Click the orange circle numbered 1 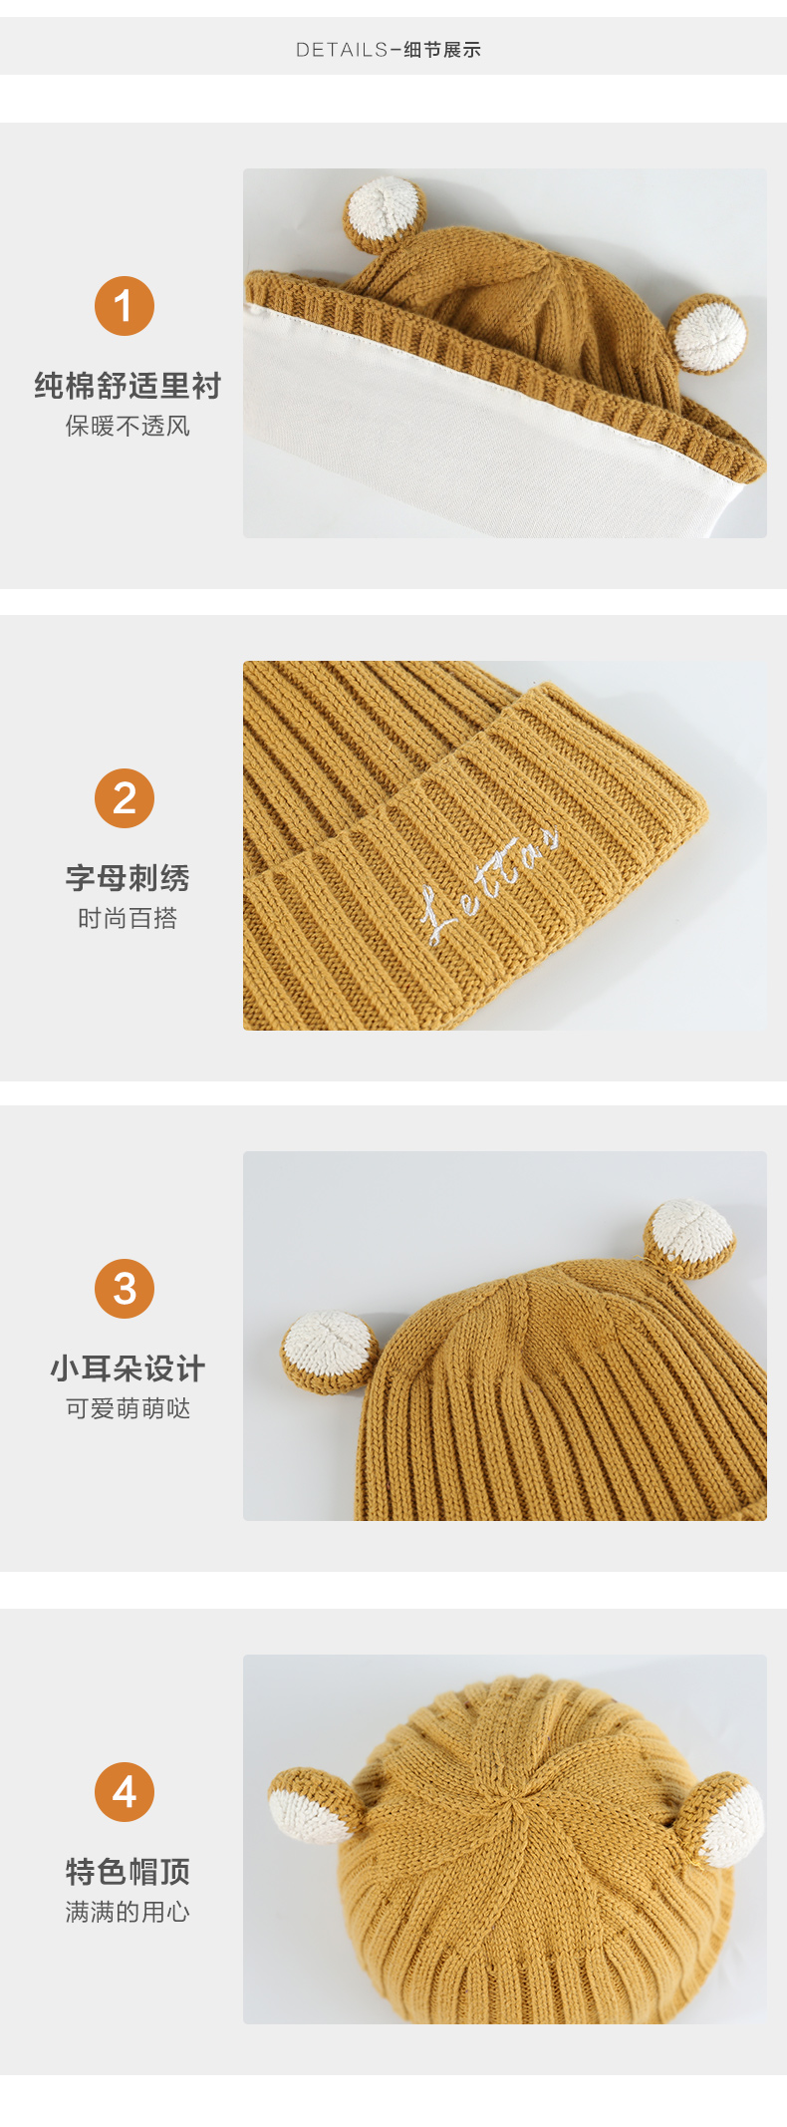pos(125,306)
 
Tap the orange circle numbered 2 pos(125,798)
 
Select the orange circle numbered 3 pos(125,1289)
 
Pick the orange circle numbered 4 pos(125,1792)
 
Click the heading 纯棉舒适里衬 pos(128,386)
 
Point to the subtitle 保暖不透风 pos(128,427)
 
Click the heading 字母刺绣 pos(128,878)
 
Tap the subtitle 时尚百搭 pos(128,919)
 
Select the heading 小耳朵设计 pos(128,1368)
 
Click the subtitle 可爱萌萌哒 pos(128,1409)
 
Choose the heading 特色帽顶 pos(128,1872)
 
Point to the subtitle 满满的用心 pos(128,1913)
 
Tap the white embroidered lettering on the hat pos(488,886)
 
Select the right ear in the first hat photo pos(707,334)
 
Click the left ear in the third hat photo pos(330,1352)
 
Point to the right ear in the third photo pos(689,1237)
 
